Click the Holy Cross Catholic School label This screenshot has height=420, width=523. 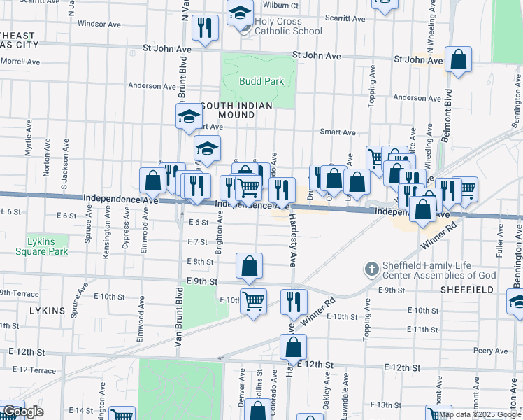click(x=288, y=26)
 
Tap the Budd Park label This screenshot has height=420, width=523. click(x=261, y=81)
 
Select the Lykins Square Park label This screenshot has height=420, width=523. click(x=48, y=246)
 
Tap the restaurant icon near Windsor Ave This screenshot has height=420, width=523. click(x=205, y=28)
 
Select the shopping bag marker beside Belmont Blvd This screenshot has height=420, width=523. click(x=458, y=60)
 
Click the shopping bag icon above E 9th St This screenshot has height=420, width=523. click(x=250, y=267)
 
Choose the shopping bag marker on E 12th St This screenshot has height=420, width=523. click(x=294, y=346)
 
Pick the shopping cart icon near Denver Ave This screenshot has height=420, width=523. click(x=253, y=302)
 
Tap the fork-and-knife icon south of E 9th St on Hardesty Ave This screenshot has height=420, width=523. click(x=294, y=302)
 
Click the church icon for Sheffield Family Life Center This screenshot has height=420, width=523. click(x=371, y=268)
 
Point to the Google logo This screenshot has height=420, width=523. click(x=23, y=412)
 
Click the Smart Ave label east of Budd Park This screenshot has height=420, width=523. click(x=338, y=132)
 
